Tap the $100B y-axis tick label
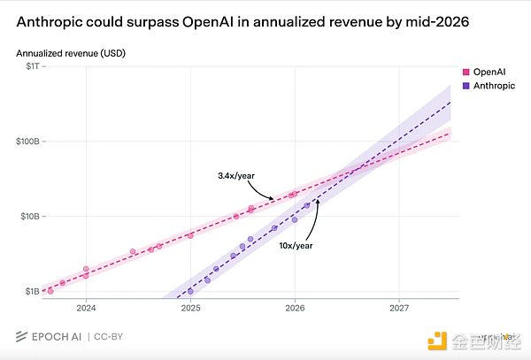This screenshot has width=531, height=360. [27, 142]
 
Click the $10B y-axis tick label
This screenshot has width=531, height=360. [28, 216]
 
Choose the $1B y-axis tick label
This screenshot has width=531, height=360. [31, 291]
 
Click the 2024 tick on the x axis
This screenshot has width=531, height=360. [86, 309]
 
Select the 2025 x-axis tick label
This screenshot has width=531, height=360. [190, 309]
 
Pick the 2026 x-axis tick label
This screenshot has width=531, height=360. [295, 309]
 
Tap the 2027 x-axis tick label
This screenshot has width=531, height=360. [399, 309]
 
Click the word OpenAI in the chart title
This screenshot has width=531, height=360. [248, 20]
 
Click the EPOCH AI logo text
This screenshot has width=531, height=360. [55, 337]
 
